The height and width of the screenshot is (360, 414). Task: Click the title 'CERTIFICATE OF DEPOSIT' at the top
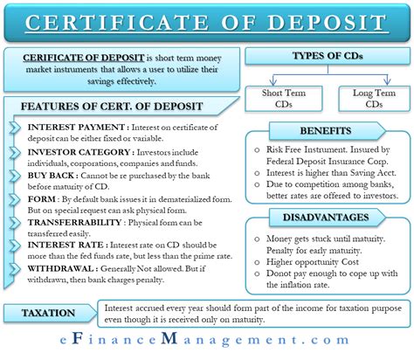[206, 19]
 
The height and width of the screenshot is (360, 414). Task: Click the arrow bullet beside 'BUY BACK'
[16, 173]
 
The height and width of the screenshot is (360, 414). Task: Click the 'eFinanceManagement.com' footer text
[206, 345]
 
